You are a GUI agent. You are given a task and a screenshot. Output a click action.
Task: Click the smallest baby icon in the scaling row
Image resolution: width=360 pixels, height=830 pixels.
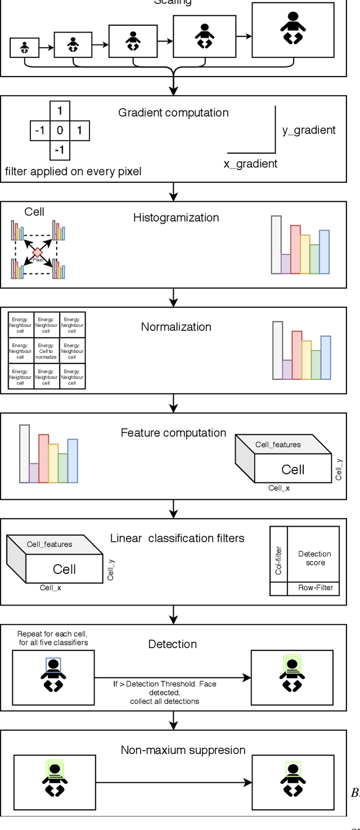25,48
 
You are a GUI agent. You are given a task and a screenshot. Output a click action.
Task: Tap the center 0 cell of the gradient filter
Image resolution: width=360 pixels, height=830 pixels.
60,131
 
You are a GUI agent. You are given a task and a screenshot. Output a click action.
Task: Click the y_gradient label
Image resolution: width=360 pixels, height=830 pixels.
309,130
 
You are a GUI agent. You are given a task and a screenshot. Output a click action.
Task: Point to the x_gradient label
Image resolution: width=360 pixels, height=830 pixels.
250,164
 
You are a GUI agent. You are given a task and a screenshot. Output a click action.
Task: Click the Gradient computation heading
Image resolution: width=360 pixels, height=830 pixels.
173,113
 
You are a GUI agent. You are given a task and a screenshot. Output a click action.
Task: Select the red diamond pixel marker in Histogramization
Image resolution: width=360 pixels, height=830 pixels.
38,252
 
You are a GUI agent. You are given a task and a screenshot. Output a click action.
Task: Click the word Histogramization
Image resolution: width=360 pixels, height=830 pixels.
176,218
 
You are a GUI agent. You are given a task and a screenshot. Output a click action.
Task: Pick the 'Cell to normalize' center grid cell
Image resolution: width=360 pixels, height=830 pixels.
46,351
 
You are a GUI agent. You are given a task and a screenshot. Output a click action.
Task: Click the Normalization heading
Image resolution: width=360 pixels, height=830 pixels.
176,327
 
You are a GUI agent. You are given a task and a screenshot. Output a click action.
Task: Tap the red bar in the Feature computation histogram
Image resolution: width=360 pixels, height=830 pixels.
43,458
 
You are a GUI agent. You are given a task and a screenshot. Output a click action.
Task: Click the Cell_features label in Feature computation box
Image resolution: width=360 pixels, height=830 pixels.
278,445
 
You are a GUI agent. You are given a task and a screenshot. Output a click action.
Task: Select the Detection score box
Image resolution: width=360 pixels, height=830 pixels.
314,558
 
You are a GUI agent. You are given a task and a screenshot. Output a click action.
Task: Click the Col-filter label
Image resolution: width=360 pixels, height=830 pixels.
278,560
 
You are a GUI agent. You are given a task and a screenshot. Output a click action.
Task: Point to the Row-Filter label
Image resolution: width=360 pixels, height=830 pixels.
315,588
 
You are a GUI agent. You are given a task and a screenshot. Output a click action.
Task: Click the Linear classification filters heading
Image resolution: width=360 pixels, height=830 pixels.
177,539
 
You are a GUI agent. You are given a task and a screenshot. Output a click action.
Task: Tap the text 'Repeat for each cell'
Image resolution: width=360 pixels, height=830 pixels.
52,634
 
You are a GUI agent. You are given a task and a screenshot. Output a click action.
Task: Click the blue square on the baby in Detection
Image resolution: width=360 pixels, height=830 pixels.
53,665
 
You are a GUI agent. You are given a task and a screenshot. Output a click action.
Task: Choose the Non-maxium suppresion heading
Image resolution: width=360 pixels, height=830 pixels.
183,750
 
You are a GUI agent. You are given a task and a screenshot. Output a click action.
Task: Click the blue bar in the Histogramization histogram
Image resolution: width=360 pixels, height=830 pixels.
324,252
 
